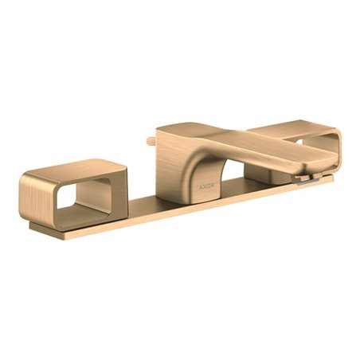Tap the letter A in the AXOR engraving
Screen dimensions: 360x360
tap(202, 186)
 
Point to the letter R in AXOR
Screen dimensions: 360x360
tap(213, 186)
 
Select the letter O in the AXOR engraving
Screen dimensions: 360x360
tap(209, 186)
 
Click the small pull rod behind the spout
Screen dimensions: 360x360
tap(151, 139)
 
